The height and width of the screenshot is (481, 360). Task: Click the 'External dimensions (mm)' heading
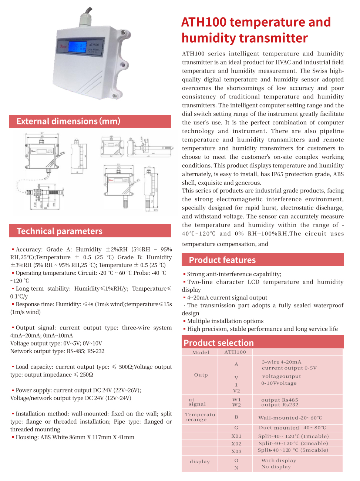[68, 121]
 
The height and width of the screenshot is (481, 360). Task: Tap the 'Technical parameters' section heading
[60, 231]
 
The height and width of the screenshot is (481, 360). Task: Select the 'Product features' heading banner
[222, 260]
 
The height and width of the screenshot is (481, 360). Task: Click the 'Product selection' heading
[219, 343]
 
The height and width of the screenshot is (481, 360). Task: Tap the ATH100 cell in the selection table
[235, 352]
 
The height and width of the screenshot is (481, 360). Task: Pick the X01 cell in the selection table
[236, 436]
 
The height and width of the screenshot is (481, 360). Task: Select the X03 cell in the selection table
[236, 451]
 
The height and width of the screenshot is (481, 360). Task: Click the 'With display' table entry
[279, 461]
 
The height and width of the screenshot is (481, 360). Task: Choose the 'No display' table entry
[276, 467]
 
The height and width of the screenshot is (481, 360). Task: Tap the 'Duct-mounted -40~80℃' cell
[292, 428]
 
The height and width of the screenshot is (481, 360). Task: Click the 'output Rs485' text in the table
[279, 400]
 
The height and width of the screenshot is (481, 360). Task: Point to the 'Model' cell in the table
[201, 353]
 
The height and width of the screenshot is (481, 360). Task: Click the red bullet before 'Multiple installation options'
[184, 321]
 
